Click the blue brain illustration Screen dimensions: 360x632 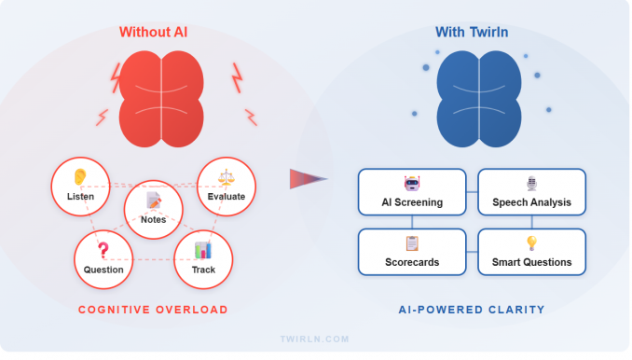(480, 99)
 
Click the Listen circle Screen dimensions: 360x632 (80, 187)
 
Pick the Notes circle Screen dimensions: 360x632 (153, 208)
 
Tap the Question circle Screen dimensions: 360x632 (103, 259)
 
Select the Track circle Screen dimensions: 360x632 (203, 259)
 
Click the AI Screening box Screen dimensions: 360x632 (412, 192)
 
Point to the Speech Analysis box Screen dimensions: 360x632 (532, 192)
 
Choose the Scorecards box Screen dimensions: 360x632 (412, 252)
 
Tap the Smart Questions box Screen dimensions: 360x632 (532, 252)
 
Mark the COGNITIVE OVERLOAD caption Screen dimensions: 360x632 (153, 310)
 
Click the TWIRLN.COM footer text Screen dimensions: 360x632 (316, 340)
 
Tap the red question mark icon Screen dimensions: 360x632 (103, 249)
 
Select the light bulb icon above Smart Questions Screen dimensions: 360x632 (532, 242)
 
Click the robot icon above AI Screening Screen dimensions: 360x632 (412, 183)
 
